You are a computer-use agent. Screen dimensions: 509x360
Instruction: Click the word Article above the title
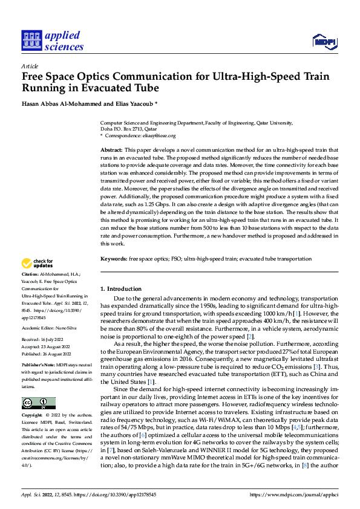point(30,66)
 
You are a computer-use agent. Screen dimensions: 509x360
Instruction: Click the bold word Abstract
point(111,149)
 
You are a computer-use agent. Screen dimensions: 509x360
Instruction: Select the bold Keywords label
point(113,258)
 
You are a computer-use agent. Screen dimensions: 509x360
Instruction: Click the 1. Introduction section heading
point(121,289)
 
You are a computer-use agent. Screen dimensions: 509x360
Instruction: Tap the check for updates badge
point(37,264)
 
